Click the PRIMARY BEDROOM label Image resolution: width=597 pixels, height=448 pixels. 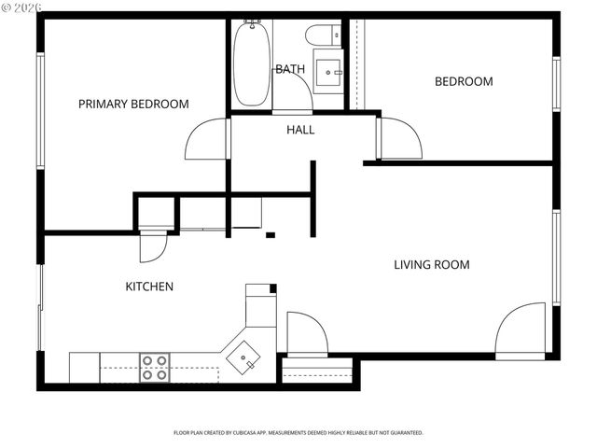[x=133, y=104]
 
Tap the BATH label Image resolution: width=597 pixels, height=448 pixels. [x=288, y=69]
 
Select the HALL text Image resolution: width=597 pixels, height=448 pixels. [x=300, y=130]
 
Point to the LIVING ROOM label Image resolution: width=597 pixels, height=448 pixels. [x=431, y=265]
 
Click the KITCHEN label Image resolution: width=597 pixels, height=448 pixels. [x=149, y=287]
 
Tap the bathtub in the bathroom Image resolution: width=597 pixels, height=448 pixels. [x=249, y=63]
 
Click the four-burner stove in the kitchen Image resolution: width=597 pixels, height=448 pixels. [x=155, y=367]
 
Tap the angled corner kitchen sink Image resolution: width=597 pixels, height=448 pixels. [x=247, y=357]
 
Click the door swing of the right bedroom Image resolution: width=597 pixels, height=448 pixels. [x=398, y=138]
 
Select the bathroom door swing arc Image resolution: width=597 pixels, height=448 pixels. [x=293, y=93]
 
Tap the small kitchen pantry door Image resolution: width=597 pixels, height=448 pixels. [x=152, y=246]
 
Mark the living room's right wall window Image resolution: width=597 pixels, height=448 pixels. [x=556, y=257]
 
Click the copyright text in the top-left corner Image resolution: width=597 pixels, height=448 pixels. [x=21, y=7]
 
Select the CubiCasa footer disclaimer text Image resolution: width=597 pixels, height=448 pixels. [x=298, y=433]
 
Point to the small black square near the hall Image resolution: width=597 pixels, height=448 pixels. [x=270, y=235]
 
